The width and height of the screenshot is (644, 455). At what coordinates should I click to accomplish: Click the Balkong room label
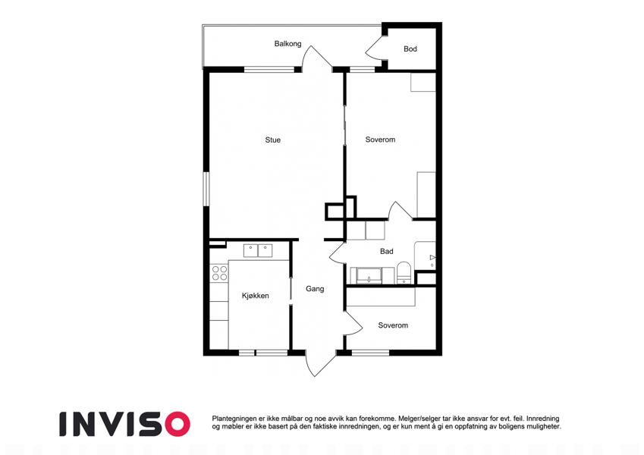(x=287, y=43)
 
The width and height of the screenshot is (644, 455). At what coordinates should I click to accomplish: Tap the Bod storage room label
(x=410, y=49)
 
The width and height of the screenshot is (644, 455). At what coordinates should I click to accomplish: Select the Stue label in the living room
(x=273, y=140)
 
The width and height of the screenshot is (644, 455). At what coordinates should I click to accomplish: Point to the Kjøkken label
(x=255, y=296)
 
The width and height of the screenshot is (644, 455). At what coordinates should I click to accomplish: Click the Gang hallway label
(x=315, y=289)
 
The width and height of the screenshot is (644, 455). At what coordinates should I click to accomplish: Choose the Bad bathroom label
(x=386, y=251)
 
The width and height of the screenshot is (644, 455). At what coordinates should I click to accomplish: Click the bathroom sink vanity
(x=369, y=275)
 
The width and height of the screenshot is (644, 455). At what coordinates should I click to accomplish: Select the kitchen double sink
(x=257, y=250)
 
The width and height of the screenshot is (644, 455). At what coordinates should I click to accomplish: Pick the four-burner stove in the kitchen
(x=219, y=273)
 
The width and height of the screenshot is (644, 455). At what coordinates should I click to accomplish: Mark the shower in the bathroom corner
(x=425, y=256)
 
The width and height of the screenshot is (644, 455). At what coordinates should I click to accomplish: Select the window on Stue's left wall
(x=206, y=189)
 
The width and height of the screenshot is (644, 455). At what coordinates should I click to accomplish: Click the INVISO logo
(x=125, y=424)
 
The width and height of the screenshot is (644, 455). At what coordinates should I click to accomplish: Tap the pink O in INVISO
(x=177, y=424)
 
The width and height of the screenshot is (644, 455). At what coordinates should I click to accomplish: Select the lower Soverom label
(x=393, y=325)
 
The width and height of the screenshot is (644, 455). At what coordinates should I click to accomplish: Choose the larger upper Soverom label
(x=380, y=140)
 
